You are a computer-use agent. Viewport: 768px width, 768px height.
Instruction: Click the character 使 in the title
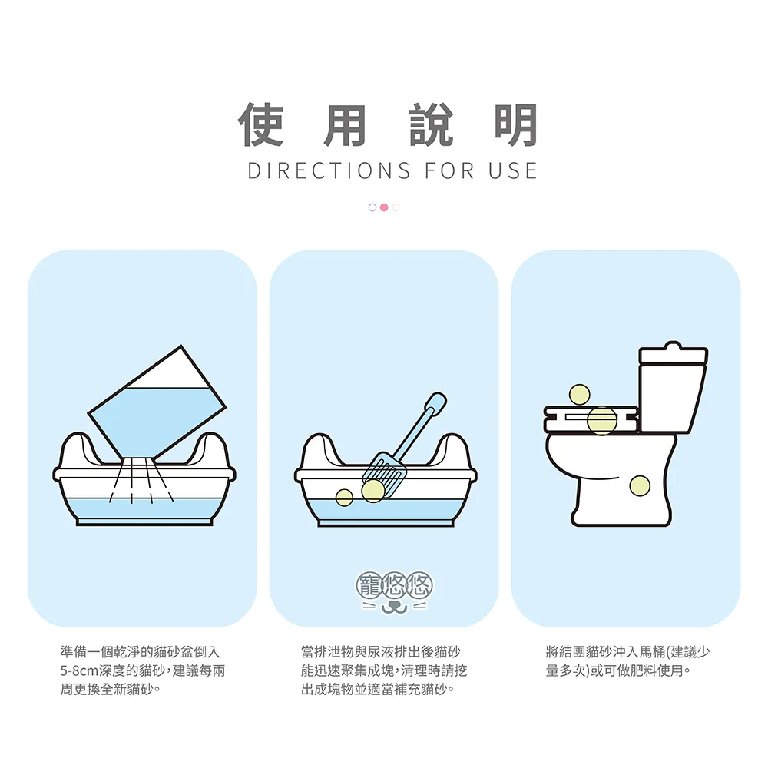click(261, 125)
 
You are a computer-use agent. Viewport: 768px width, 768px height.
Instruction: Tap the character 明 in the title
click(516, 125)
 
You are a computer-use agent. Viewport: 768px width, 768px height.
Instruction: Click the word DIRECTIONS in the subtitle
click(329, 171)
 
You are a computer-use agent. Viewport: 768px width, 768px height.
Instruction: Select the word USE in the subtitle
click(513, 171)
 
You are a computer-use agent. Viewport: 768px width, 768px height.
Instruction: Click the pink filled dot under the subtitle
click(384, 207)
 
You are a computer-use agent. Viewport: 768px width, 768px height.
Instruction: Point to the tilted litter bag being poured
click(157, 402)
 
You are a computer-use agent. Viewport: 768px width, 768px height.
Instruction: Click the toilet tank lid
click(673, 353)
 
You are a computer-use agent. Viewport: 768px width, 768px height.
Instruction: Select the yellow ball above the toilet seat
click(579, 394)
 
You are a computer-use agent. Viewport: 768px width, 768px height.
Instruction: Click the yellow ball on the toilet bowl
click(640, 485)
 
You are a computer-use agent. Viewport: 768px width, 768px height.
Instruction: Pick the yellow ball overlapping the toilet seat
click(602, 420)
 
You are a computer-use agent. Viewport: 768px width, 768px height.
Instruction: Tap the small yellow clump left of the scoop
click(344, 498)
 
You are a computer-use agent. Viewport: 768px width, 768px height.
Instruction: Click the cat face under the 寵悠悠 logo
click(394, 607)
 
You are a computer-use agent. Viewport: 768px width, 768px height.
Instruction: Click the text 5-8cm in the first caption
click(79, 670)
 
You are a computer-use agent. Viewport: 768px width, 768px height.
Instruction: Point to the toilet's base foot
click(621, 515)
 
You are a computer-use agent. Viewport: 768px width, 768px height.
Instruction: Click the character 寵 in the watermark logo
click(369, 585)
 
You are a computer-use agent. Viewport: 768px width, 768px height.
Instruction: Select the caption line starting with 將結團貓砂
click(627, 652)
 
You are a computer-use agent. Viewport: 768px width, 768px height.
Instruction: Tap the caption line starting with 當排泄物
click(381, 652)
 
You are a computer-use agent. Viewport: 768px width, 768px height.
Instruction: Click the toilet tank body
click(673, 398)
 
